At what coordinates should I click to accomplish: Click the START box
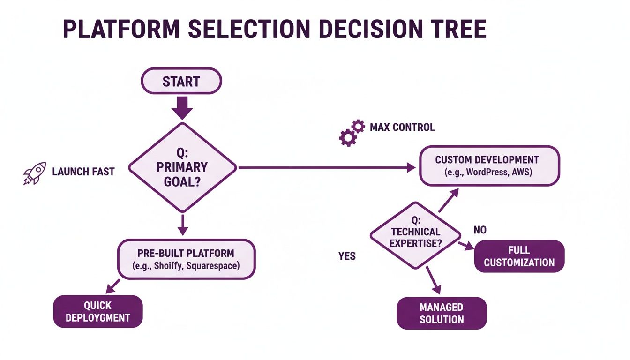[181, 82]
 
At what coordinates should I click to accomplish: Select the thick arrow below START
[182, 107]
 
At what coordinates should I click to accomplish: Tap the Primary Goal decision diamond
[182, 167]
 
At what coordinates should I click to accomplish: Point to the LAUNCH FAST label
[83, 172]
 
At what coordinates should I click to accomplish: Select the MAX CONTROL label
[402, 127]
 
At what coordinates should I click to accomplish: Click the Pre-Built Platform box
[186, 259]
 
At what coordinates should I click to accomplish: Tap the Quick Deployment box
[97, 311]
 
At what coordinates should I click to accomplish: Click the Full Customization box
[519, 256]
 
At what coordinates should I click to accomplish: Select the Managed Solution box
[442, 313]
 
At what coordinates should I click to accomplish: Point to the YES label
[347, 256]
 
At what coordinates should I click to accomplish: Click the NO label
[480, 230]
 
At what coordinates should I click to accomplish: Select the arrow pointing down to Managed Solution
[434, 282]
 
